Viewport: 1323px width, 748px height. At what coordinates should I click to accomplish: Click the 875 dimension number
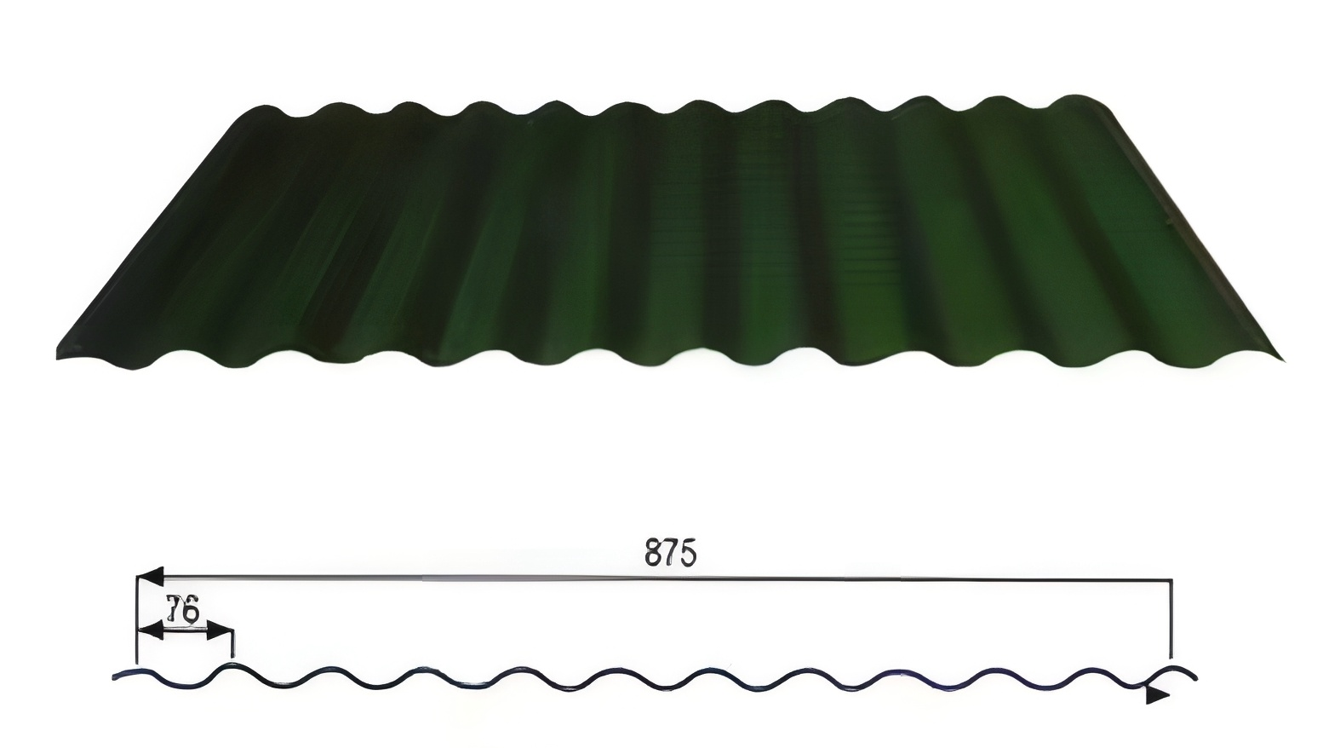click(671, 552)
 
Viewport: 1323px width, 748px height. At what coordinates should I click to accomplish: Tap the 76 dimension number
click(182, 610)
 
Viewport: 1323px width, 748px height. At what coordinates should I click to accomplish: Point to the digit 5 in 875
click(687, 553)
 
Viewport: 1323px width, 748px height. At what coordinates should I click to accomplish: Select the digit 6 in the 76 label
click(190, 610)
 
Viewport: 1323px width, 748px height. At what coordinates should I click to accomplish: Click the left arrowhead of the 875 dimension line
click(150, 578)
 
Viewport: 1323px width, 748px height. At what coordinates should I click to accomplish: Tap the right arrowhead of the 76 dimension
click(220, 631)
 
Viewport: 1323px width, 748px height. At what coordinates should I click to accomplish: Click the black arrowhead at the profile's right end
click(1157, 695)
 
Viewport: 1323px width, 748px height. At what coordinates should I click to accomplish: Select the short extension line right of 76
click(233, 643)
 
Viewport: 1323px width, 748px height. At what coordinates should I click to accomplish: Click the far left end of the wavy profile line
click(115, 678)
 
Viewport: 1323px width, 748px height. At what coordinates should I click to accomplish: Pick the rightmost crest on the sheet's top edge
click(1077, 97)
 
